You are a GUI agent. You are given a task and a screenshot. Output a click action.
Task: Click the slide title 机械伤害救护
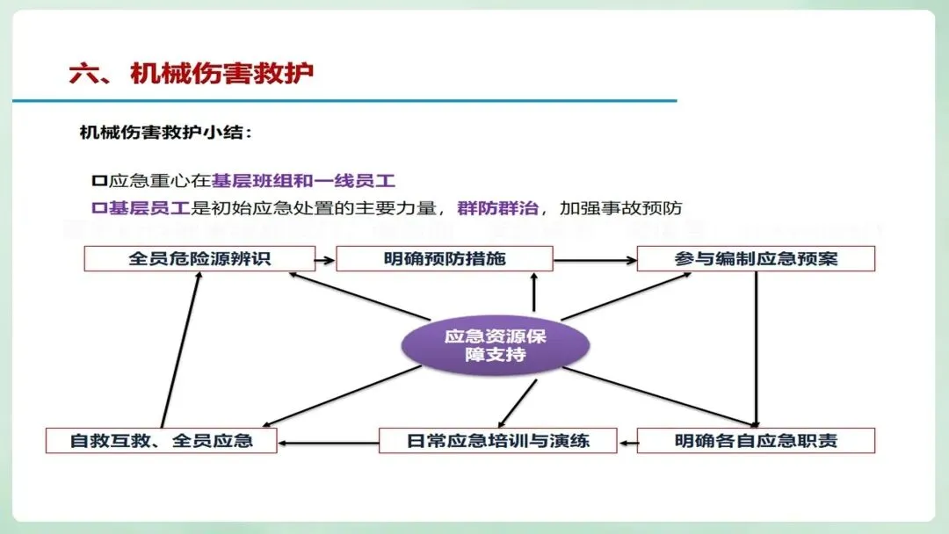coord(221,73)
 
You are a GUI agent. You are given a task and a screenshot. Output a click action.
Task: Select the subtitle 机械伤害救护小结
coord(166,133)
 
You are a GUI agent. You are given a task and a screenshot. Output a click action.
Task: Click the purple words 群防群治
coord(495,209)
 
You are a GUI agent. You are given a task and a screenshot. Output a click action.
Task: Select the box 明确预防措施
coord(445,259)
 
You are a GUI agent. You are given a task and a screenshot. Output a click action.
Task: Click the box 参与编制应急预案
coord(756,259)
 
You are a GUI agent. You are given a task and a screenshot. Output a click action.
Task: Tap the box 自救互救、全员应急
coord(161,440)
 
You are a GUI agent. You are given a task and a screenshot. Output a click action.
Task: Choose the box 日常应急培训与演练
coord(497,440)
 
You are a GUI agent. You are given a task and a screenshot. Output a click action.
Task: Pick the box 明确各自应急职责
coord(756,440)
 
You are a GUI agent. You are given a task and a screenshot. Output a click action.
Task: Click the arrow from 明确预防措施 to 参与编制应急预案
coord(595,260)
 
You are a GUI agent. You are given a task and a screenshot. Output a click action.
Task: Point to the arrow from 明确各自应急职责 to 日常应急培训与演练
coord(627,441)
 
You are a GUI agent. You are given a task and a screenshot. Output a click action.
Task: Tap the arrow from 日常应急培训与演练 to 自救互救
coord(328,441)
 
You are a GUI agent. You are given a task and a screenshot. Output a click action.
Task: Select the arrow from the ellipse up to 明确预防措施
coord(532,294)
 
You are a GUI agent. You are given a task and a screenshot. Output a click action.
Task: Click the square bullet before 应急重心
coord(98,182)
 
